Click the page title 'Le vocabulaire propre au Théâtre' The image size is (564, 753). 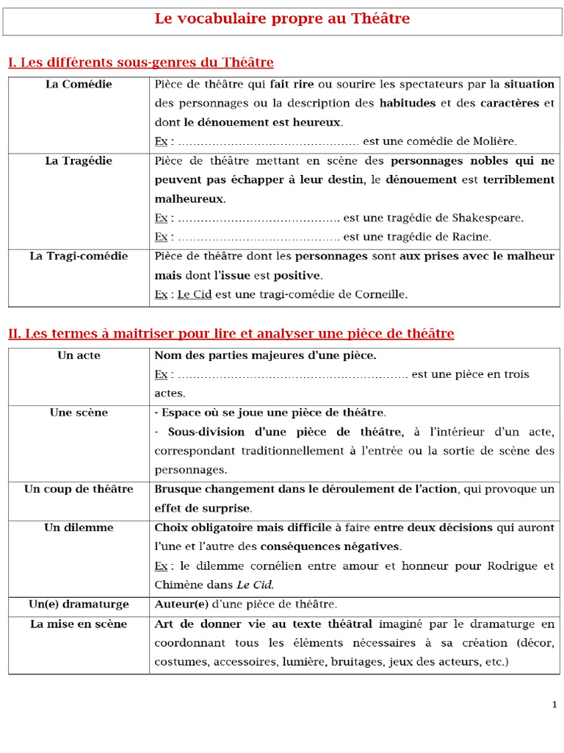(282, 19)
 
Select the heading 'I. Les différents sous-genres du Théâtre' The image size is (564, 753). (140, 63)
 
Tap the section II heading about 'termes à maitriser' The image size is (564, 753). (231, 334)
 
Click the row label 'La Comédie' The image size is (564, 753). (79, 85)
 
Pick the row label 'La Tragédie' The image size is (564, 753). (79, 161)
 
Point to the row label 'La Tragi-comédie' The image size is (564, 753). (79, 257)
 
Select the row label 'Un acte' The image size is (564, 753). (79, 356)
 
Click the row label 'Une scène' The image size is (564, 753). (79, 413)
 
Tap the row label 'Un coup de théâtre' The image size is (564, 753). (79, 490)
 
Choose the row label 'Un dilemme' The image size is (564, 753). (79, 528)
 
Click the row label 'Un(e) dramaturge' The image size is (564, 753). (79, 604)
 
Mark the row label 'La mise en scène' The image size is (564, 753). (79, 624)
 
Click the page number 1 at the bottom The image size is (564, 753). (554, 705)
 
